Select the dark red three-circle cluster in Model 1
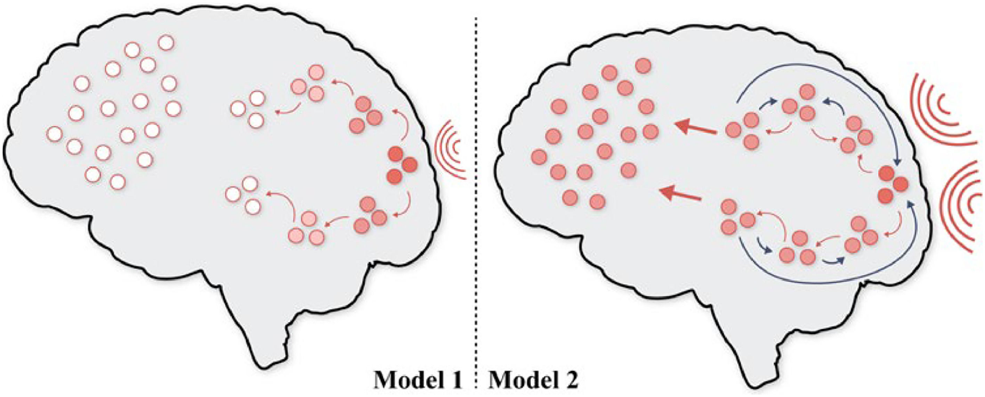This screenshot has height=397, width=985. coord(401,165)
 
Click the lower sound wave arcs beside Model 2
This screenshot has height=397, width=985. coord(960,206)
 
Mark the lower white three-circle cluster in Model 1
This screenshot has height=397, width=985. coord(245,195)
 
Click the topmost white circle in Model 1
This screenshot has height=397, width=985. coord(166,42)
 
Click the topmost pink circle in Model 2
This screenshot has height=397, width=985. coord(643,65)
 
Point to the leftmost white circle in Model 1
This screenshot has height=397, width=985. coord(54,133)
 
